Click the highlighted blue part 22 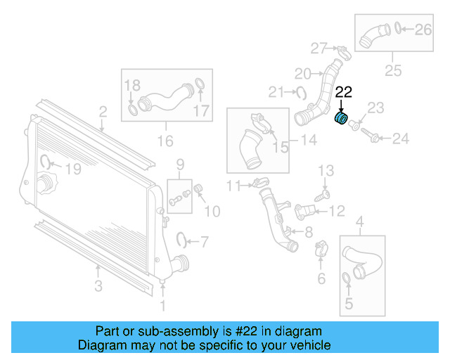[x=341, y=118]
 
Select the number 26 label [x=423, y=30]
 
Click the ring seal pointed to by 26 [x=397, y=29]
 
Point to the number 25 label [x=392, y=70]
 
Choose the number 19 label [x=73, y=169]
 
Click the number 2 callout [x=103, y=111]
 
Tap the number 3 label [x=98, y=286]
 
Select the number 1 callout [x=164, y=305]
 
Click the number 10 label [x=212, y=210]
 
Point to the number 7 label [x=204, y=243]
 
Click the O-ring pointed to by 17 [x=199, y=87]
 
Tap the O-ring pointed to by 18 [x=134, y=110]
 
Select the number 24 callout [x=399, y=139]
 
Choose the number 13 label [x=326, y=171]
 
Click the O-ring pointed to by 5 [x=347, y=283]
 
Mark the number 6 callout [x=321, y=278]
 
